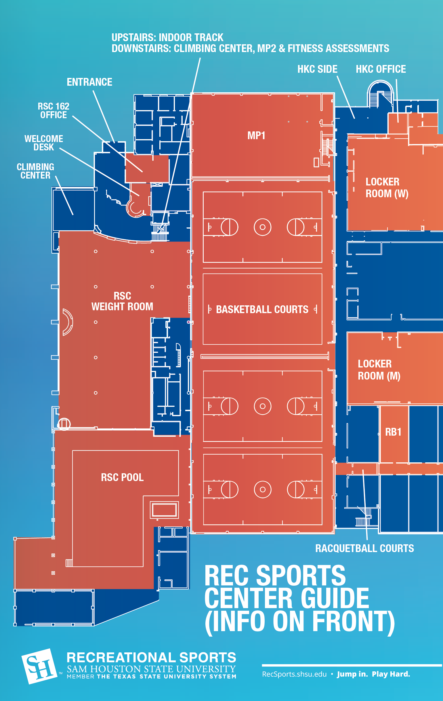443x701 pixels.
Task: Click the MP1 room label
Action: [256, 136]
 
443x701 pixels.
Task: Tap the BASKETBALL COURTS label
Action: [262, 309]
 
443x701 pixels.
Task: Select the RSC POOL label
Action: [122, 477]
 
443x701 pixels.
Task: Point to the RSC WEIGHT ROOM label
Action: [122, 301]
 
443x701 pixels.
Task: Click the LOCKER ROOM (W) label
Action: [387, 188]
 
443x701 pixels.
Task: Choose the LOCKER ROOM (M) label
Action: [379, 370]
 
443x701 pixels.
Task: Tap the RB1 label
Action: [393, 432]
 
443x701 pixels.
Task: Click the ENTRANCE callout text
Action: [89, 82]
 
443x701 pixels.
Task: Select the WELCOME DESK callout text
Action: [44, 143]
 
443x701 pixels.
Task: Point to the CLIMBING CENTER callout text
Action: [35, 171]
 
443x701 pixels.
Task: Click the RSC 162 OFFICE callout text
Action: [54, 111]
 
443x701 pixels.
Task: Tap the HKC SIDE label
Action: [318, 69]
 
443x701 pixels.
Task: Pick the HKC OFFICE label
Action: [381, 69]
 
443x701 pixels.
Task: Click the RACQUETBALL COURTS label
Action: [365, 548]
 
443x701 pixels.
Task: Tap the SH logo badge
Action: [39, 667]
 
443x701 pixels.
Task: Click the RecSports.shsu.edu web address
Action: [294, 674]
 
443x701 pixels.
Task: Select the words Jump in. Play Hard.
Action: [373, 674]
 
